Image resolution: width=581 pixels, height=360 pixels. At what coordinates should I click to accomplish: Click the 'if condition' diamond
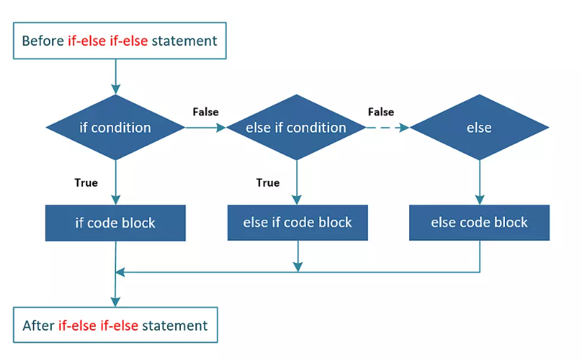(x=115, y=127)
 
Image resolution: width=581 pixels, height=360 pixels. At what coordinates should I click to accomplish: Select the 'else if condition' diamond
(x=296, y=127)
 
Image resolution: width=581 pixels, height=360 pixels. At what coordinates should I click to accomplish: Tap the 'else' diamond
(x=479, y=127)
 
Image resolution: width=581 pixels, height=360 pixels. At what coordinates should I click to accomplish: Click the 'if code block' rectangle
(x=115, y=223)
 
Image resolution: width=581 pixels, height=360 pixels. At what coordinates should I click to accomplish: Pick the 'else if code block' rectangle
(x=298, y=223)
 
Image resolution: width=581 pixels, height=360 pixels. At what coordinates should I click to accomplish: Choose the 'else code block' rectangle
(x=479, y=223)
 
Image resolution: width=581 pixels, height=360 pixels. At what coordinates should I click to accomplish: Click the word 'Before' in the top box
(x=43, y=41)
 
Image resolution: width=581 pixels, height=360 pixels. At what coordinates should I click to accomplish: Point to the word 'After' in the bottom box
(x=38, y=325)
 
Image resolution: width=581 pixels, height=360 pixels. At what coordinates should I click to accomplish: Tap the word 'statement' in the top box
(x=185, y=41)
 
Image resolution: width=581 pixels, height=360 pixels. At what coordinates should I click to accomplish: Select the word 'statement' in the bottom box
(x=175, y=325)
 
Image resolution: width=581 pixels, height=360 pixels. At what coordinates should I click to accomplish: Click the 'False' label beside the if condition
(x=206, y=112)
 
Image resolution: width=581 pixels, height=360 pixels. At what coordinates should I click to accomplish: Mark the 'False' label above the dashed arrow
(x=381, y=112)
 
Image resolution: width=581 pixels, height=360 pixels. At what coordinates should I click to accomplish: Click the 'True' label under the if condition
(x=86, y=182)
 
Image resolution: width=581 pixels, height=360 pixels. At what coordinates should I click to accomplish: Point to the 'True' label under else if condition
(x=268, y=182)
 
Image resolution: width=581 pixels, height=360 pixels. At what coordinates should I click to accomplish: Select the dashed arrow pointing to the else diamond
(x=387, y=128)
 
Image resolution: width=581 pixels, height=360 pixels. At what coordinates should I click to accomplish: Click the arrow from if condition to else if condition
(x=206, y=128)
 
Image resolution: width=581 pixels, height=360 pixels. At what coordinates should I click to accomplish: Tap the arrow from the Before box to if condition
(x=115, y=77)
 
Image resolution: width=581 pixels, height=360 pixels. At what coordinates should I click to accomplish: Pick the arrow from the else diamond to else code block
(x=480, y=182)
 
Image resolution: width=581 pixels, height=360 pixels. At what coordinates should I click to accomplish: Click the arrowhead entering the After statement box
(x=115, y=302)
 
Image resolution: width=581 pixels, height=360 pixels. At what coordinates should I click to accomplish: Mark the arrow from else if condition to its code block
(x=296, y=182)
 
